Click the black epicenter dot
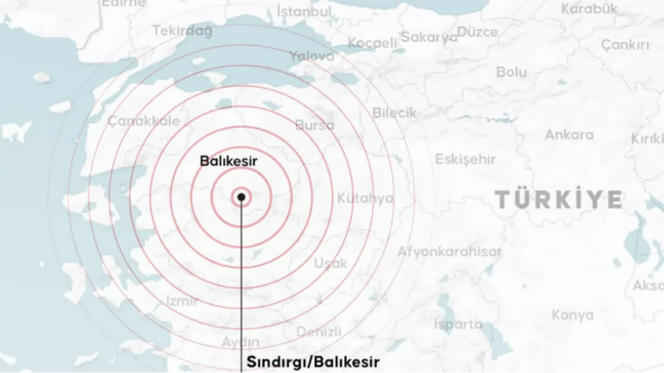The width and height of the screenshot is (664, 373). (x=241, y=197)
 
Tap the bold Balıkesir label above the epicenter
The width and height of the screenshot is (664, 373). (x=229, y=161)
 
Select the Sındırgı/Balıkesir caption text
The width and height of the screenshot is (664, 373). (x=313, y=361)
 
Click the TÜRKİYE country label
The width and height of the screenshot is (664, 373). (x=558, y=199)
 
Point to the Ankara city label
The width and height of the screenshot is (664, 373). (x=569, y=135)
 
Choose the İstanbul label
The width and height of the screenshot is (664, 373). (x=304, y=11)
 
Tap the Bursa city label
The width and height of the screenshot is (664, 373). (x=315, y=125)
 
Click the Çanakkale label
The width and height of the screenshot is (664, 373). (x=144, y=121)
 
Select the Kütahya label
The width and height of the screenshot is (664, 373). (x=365, y=198)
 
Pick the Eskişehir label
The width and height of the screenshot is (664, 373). (x=465, y=159)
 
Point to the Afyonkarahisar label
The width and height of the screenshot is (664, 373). (x=449, y=252)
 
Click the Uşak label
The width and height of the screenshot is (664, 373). (x=330, y=263)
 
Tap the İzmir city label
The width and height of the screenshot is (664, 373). (x=182, y=301)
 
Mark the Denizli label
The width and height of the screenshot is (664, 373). (x=319, y=331)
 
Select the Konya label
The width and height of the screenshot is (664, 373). (x=573, y=314)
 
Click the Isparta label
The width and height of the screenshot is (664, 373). (x=458, y=324)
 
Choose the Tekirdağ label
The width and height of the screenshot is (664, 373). (x=183, y=31)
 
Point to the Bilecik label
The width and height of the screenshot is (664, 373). (x=394, y=112)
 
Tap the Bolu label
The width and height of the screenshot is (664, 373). (x=511, y=72)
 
